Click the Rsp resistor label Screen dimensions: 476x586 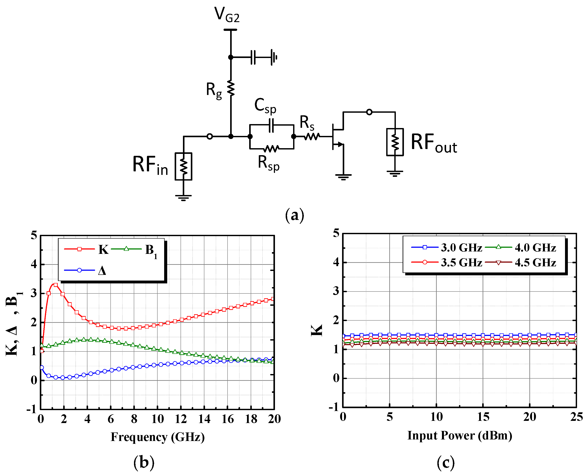point(268,163)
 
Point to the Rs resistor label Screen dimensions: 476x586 point(307,123)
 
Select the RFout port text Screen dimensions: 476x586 point(434,143)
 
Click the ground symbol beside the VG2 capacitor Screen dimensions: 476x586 point(274,57)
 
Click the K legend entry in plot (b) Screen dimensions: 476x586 point(103,249)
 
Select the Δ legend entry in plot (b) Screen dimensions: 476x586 point(102,271)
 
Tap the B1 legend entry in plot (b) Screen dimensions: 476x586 point(151,250)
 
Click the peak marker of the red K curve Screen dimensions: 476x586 point(56,285)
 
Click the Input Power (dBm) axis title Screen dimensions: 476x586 point(459,436)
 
